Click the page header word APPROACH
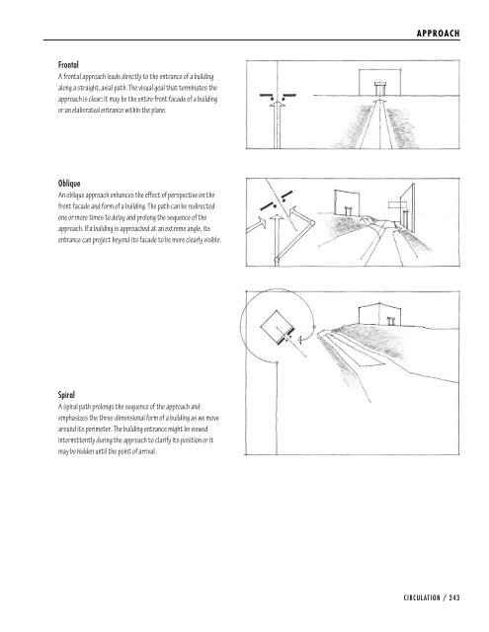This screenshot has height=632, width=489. click(x=439, y=34)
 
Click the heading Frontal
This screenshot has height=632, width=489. click(x=68, y=65)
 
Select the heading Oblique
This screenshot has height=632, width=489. click(x=69, y=184)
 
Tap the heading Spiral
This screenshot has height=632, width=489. click(x=66, y=395)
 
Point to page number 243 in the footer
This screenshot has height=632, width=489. click(x=454, y=597)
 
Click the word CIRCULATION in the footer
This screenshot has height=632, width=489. click(x=422, y=597)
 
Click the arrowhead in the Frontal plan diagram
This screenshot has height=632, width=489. click(x=277, y=104)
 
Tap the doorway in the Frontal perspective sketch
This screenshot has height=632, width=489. click(x=380, y=89)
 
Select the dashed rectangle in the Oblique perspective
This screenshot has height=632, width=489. click(x=397, y=204)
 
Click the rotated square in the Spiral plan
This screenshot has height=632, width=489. click(x=277, y=327)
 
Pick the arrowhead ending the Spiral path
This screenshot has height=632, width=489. click(x=299, y=341)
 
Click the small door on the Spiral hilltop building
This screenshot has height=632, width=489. click(x=390, y=321)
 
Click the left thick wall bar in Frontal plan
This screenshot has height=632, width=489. click(x=266, y=96)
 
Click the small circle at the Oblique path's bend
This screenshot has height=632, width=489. click(x=312, y=223)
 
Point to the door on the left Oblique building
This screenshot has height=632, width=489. click(x=349, y=210)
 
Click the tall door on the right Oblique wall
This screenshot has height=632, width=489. click(x=405, y=218)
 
